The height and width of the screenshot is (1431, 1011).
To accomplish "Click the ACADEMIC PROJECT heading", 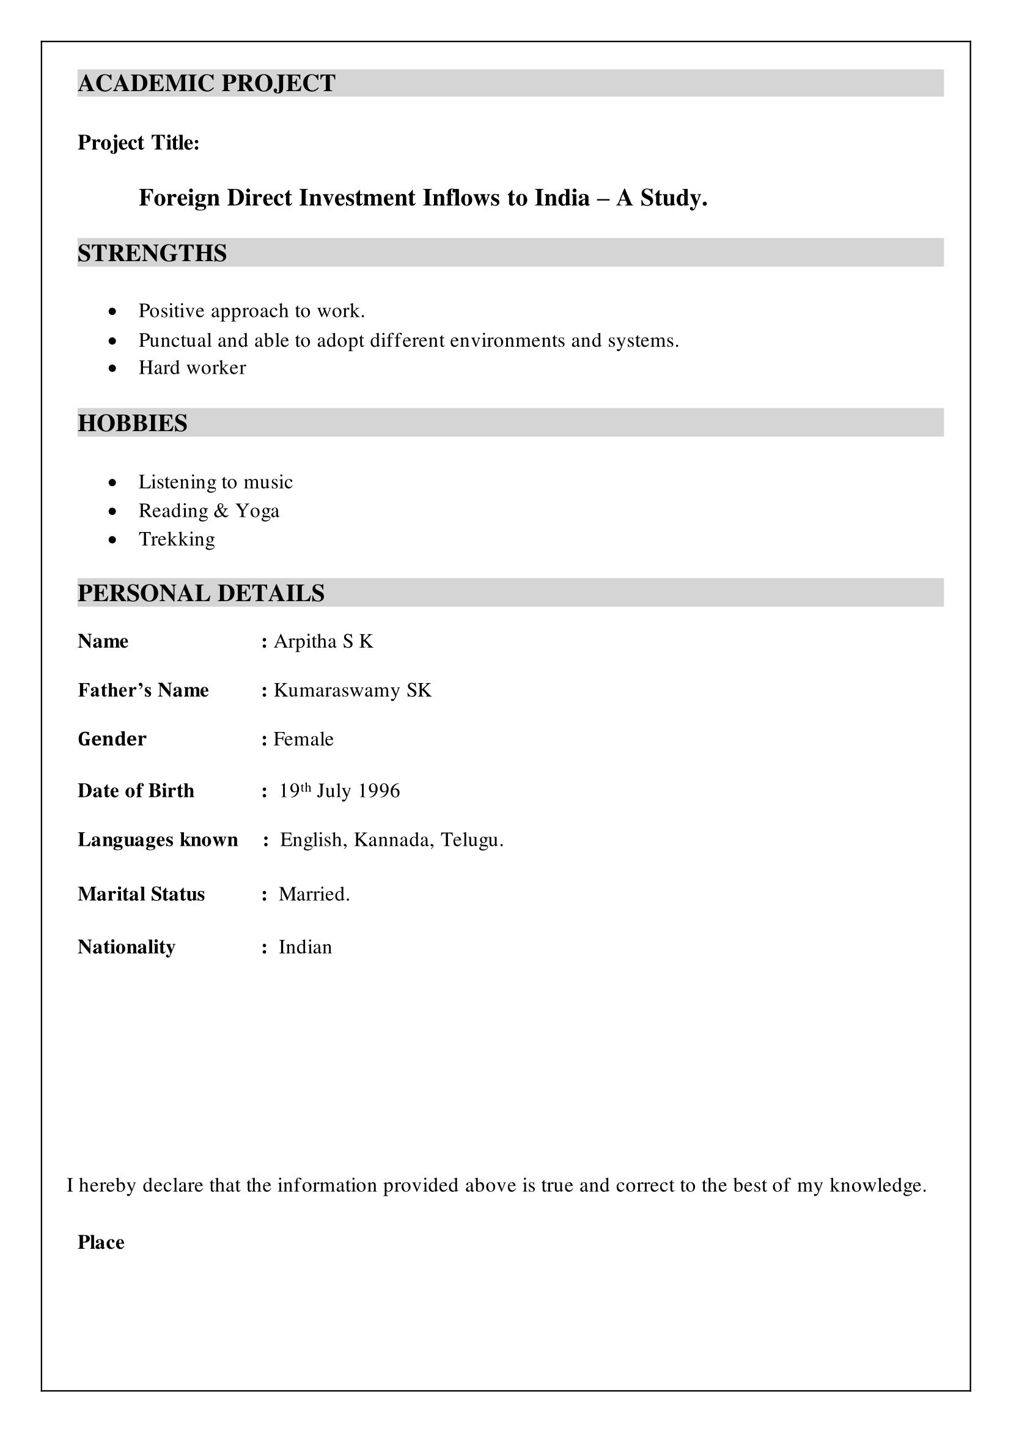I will tap(206, 84).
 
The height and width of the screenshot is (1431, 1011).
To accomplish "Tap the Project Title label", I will tap(138, 143).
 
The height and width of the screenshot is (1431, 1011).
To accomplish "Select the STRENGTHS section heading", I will tap(152, 254).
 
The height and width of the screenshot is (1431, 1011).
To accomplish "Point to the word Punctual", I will tap(175, 341).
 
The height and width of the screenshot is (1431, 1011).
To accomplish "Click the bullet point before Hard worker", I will tap(112, 368).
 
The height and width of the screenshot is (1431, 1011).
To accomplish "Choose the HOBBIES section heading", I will tap(132, 423).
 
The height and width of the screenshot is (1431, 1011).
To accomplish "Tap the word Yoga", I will tap(257, 511).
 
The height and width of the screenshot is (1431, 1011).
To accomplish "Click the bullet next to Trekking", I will tap(112, 540).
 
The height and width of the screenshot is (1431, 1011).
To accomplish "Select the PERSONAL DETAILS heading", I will tap(200, 593).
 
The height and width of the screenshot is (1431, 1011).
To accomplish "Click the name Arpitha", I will tap(305, 642).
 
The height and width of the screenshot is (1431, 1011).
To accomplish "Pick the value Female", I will tap(303, 740).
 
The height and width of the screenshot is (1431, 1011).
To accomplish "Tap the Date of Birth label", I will tap(136, 791).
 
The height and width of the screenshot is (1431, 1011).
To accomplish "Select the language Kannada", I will tap(394, 840).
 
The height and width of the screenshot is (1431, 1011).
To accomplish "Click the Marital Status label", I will tap(141, 894).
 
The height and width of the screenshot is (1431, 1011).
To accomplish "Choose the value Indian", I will tap(305, 947).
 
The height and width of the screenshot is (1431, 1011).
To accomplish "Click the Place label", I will tap(101, 1243).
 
